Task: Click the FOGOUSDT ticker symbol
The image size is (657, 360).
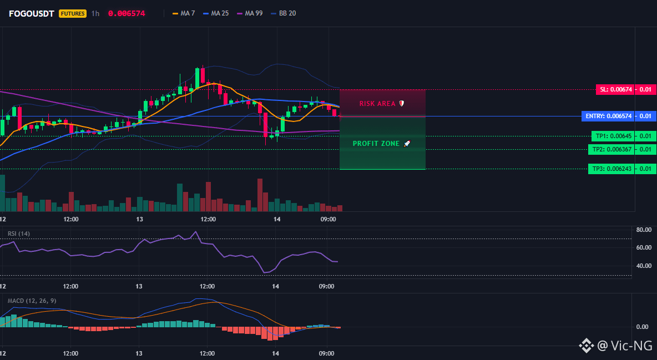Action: pyautogui.click(x=32, y=13)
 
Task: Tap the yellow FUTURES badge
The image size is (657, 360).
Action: pyautogui.click(x=73, y=13)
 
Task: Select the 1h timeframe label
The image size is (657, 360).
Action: pyautogui.click(x=95, y=13)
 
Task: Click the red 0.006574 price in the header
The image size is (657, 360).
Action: pyautogui.click(x=127, y=13)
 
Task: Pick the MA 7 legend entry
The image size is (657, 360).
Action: pyautogui.click(x=184, y=13)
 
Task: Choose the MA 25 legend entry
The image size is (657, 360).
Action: pyautogui.click(x=216, y=13)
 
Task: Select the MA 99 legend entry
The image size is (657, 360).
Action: pyautogui.click(x=250, y=13)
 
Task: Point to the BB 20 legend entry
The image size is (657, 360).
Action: pyautogui.click(x=283, y=13)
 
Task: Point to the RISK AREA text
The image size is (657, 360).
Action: pyautogui.click(x=377, y=104)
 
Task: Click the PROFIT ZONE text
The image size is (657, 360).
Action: pyautogui.click(x=376, y=143)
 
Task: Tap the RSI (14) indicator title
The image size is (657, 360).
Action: pyautogui.click(x=19, y=234)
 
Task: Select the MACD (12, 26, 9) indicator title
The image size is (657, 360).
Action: pyautogui.click(x=32, y=301)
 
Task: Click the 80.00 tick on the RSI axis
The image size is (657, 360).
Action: pyautogui.click(x=644, y=230)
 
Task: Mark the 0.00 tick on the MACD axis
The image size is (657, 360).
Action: pyautogui.click(x=643, y=327)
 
